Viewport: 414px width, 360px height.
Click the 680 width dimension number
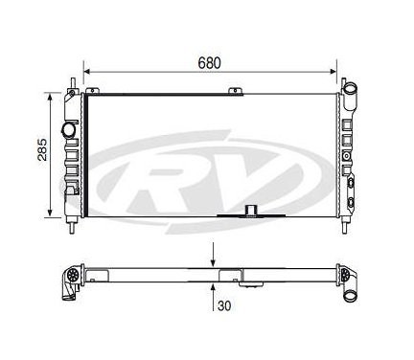click(x=209, y=63)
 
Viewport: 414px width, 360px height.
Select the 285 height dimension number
click(x=42, y=149)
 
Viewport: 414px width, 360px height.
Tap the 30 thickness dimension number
click(x=224, y=305)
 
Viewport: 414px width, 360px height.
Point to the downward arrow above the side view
click(x=213, y=255)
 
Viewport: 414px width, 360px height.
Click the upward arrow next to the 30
click(x=213, y=297)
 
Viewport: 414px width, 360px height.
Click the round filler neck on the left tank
click(x=68, y=129)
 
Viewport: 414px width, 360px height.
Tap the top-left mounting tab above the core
click(x=91, y=91)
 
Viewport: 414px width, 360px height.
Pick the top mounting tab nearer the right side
click(x=236, y=91)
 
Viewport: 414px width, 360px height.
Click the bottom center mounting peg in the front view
click(x=251, y=211)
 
